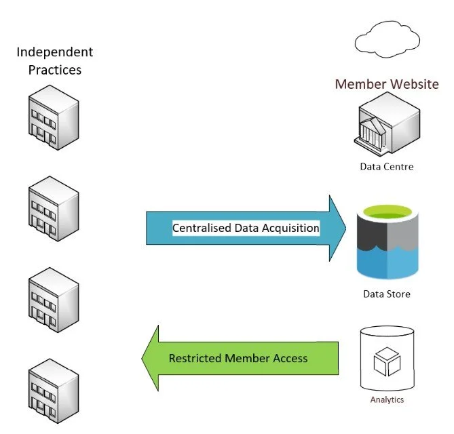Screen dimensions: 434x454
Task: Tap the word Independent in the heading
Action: pos(55,52)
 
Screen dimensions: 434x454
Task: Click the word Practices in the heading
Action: pos(55,69)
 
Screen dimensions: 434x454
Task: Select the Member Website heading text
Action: pos(387,85)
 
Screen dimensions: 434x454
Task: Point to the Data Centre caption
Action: pos(386,166)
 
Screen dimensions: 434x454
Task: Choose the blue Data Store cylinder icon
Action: pos(386,244)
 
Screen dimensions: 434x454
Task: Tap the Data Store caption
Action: pos(386,294)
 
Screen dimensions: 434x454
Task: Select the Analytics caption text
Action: pos(387,399)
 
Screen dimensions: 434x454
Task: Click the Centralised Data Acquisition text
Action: pos(246,229)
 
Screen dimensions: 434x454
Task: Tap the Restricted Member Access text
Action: pos(238,358)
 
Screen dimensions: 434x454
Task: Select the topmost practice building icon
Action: pos(53,119)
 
